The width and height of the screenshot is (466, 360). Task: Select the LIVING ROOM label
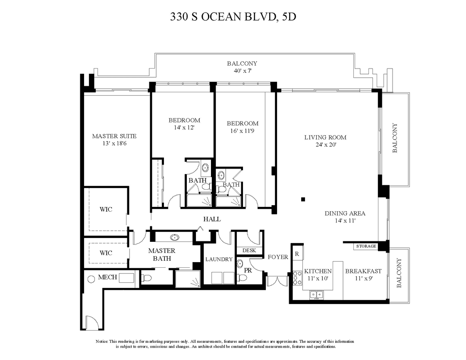(x=325, y=138)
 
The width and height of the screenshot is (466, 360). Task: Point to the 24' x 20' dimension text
(x=325, y=145)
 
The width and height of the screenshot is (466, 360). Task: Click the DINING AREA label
(x=345, y=213)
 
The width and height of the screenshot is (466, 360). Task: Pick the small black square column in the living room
(x=303, y=199)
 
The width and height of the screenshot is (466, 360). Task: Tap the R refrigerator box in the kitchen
(x=297, y=254)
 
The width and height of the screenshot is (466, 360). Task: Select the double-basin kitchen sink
(x=317, y=295)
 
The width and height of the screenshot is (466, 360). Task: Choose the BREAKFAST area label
(x=363, y=271)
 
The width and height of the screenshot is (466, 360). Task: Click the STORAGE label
(x=366, y=246)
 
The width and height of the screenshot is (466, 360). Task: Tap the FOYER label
(x=278, y=257)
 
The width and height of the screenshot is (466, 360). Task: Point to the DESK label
(x=249, y=250)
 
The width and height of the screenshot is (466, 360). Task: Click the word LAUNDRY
(x=219, y=260)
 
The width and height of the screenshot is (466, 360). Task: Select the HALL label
(x=212, y=219)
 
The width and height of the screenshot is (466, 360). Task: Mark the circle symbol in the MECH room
(x=91, y=279)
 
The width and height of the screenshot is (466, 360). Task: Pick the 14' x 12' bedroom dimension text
(x=184, y=128)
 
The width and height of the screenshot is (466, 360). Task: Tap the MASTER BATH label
(x=162, y=254)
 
